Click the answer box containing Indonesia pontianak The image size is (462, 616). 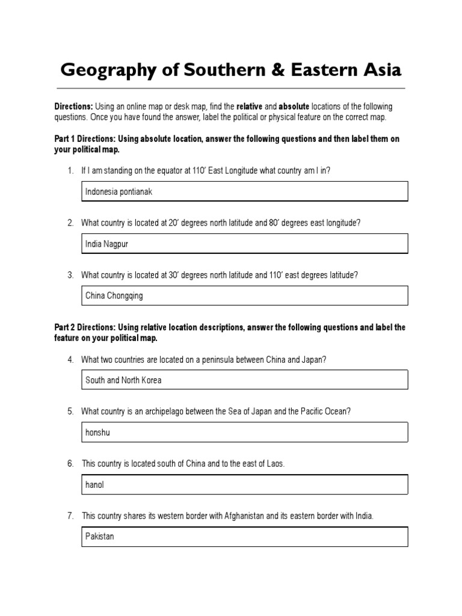[x=245, y=191]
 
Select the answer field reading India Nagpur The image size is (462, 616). [x=245, y=244]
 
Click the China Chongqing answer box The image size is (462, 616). [x=245, y=295]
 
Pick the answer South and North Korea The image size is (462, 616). [x=245, y=380]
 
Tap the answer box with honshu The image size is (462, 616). [x=245, y=432]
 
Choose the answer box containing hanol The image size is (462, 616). [x=245, y=484]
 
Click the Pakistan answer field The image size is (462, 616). [x=245, y=536]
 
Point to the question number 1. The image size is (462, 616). [x=70, y=170]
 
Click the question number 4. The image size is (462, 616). [x=70, y=359]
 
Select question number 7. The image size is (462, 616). [x=70, y=516]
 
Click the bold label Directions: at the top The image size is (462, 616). [x=73, y=106]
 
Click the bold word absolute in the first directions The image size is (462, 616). [x=294, y=106]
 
